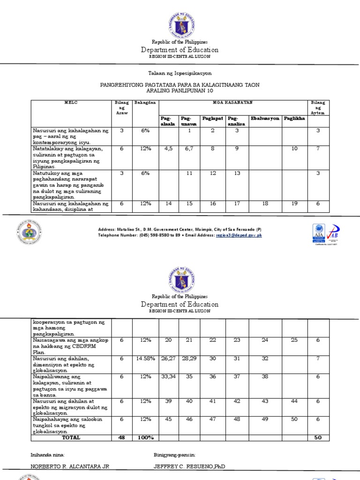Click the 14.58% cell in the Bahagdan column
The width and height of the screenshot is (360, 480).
[x=145, y=359]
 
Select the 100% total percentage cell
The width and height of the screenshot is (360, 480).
[x=145, y=437]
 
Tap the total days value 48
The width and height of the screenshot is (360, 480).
[x=121, y=437]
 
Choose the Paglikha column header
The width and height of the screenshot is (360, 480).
[x=294, y=119]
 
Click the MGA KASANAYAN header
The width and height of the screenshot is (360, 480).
[x=233, y=103]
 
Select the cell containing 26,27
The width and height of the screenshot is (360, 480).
[x=167, y=359]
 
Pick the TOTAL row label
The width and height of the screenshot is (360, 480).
[x=71, y=437]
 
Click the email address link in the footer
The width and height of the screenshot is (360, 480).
[x=239, y=235]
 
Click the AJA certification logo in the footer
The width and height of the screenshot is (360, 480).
[x=318, y=233]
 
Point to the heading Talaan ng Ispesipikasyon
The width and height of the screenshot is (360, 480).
[x=180, y=74]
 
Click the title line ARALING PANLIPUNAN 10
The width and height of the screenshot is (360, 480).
[x=180, y=90]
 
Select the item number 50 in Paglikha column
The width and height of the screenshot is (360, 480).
[x=294, y=420]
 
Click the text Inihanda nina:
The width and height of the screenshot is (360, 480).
[x=48, y=455]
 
